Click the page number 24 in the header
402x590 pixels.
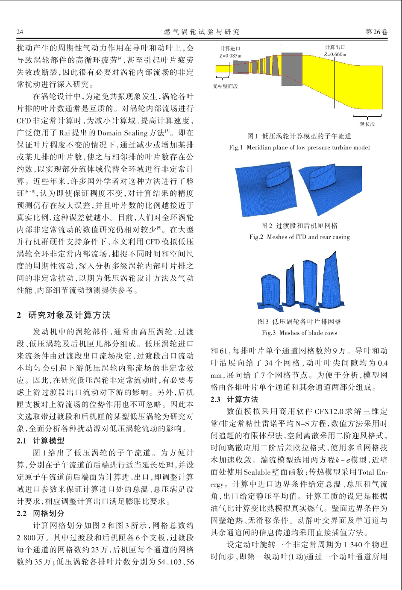(20, 32)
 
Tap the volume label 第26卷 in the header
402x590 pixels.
(377, 32)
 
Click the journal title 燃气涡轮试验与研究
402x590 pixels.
(202, 32)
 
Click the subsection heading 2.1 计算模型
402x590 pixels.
(41, 440)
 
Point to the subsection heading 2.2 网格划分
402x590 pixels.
(41, 513)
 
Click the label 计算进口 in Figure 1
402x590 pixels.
(230, 49)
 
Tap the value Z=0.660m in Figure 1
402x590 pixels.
(335, 54)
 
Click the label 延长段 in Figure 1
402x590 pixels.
(367, 124)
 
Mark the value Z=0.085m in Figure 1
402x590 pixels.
(230, 56)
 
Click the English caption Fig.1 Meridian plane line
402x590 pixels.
(299, 147)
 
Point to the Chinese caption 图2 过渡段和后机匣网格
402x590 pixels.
(299, 226)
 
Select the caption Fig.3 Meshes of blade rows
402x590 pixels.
(299, 333)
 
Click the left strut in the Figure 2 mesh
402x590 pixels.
(279, 177)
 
